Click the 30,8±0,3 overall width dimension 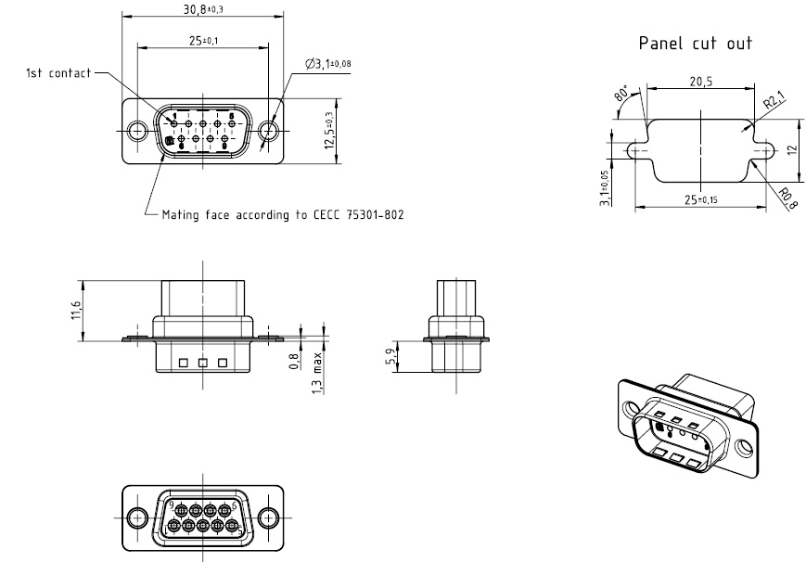(x=203, y=8)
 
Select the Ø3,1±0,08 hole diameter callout (x=327, y=64)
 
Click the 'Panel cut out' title (x=695, y=43)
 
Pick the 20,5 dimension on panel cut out (x=700, y=82)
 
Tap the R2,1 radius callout (x=772, y=101)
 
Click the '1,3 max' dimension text (x=318, y=372)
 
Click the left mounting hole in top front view (x=137, y=131)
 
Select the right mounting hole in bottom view (x=268, y=517)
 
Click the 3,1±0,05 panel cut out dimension (x=605, y=186)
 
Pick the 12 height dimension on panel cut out (x=793, y=148)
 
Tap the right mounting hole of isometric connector (x=744, y=448)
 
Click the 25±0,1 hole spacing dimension (x=203, y=40)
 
